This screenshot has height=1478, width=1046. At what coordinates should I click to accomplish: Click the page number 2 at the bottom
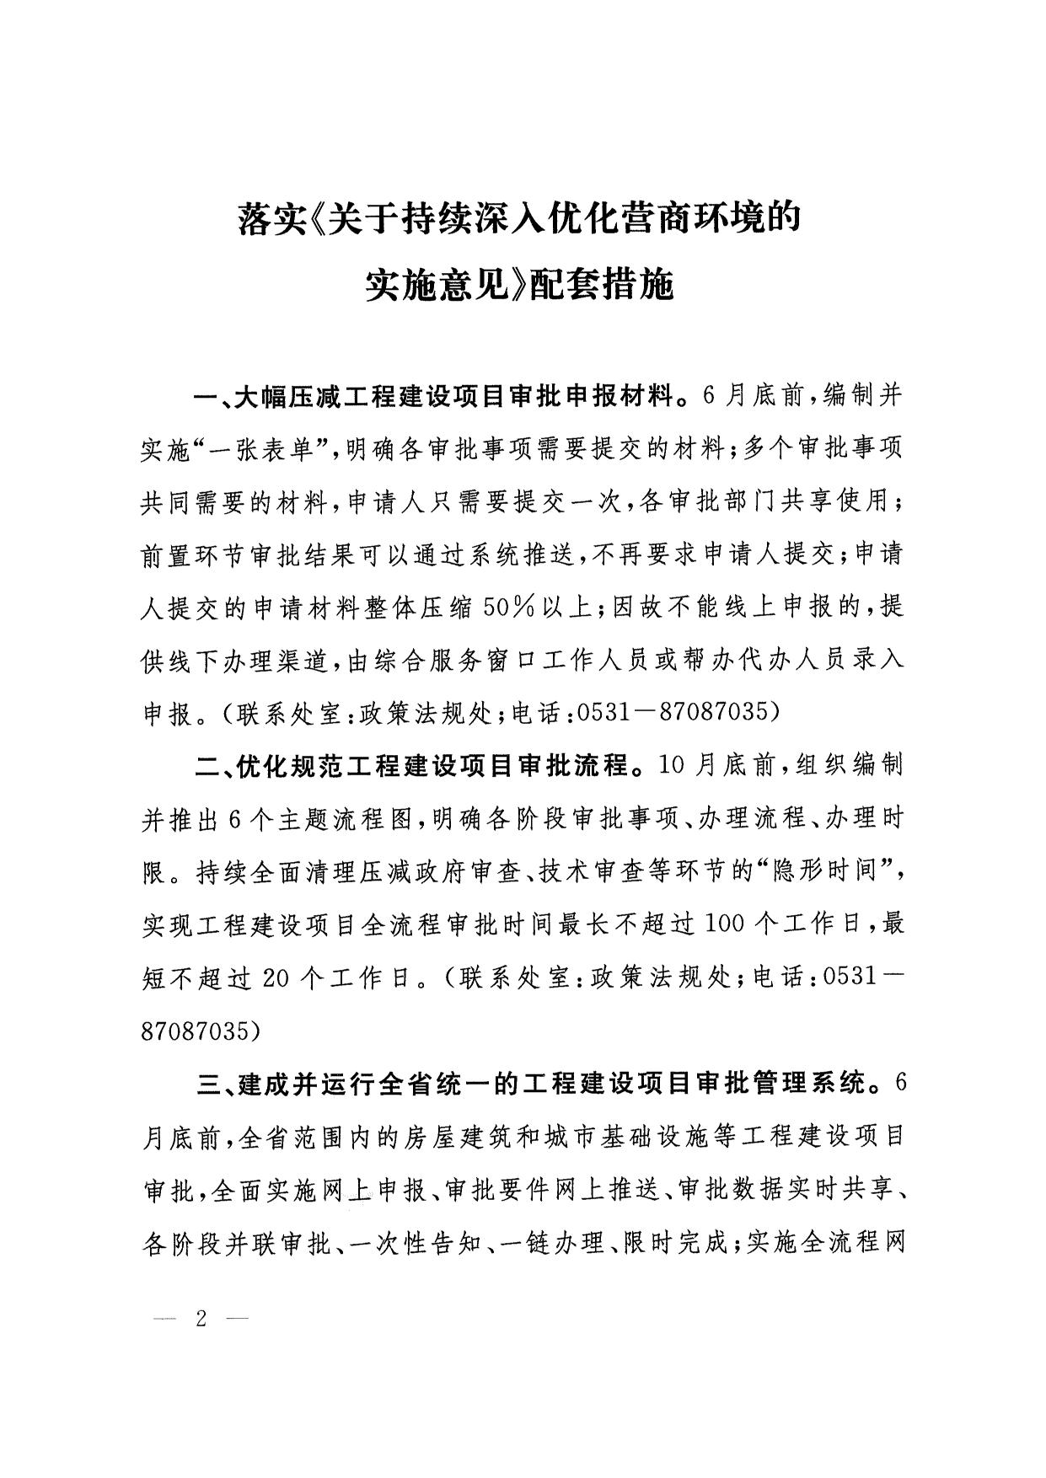[x=201, y=1318]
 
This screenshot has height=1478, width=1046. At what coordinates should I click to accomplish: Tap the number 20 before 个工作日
[x=277, y=977]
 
